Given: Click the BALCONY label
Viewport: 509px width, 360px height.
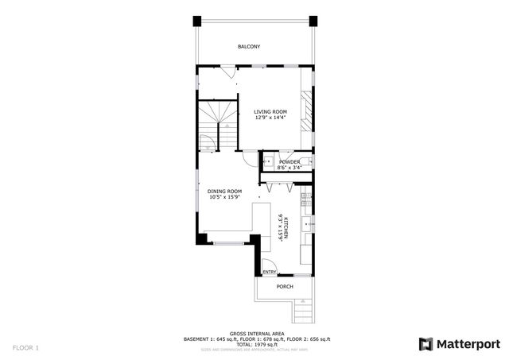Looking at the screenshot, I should pos(248,47).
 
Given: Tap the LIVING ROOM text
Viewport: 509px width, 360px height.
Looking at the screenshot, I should pos(270,112).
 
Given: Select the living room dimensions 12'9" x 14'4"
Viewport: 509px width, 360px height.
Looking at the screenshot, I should pos(270,118).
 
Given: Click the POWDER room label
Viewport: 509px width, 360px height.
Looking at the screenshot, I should pos(289,161).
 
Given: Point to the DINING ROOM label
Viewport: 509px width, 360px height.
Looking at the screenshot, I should pos(224,191).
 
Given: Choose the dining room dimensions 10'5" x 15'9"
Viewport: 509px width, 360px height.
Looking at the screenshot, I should pos(224,197).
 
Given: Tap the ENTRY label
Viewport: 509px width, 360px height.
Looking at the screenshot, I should pos(270,272).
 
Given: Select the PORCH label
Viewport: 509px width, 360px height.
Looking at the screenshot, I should pos(285,286).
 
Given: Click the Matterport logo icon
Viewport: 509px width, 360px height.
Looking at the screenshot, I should pos(425,343).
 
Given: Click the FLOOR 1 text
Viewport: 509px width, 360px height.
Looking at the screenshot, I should pos(25,347).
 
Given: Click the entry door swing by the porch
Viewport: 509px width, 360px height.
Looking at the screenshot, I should pos(267,267).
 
